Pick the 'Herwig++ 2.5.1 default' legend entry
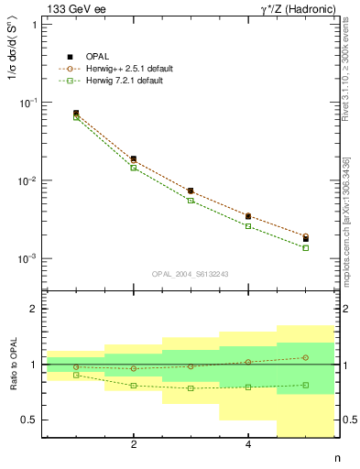coord(128,69)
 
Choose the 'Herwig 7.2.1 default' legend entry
coord(125,81)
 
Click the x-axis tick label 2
coord(134,445)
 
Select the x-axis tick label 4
coord(248,445)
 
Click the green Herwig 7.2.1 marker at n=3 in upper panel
coord(191,200)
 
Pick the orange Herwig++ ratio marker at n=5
coord(305,357)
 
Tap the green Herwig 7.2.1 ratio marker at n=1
coord(76,375)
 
